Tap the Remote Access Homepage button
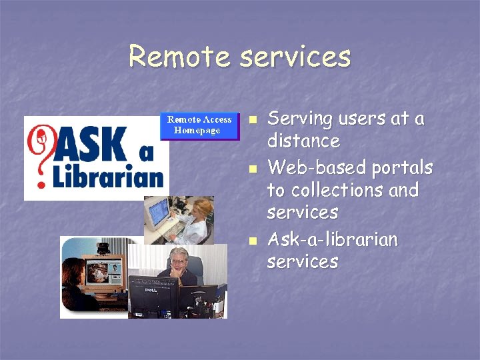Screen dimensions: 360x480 pyautogui.click(x=199, y=125)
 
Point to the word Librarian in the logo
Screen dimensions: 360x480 pyautogui.click(x=109, y=176)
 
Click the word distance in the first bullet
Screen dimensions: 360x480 pyautogui.click(x=303, y=141)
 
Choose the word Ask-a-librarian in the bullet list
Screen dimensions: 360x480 pyautogui.click(x=332, y=239)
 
